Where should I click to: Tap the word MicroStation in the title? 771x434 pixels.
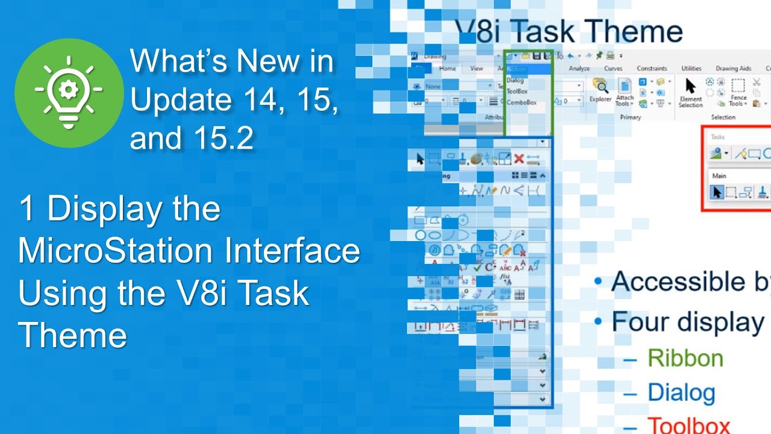click(x=114, y=251)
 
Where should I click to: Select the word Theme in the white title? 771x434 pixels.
click(x=72, y=335)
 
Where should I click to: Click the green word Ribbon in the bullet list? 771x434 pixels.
click(x=685, y=358)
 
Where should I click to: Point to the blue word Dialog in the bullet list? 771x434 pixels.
click(x=681, y=393)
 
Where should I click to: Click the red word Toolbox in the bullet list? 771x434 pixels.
click(x=688, y=425)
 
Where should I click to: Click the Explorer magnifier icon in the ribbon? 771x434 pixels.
click(x=600, y=85)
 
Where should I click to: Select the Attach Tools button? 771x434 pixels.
click(x=625, y=90)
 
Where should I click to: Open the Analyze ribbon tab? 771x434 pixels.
click(x=579, y=69)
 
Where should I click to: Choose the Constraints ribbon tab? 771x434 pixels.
click(x=652, y=69)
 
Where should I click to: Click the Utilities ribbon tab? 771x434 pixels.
click(x=691, y=69)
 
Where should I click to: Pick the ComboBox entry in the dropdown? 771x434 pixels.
click(x=521, y=102)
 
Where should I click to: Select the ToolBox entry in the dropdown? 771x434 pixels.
click(x=517, y=92)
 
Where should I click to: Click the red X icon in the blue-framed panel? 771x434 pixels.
click(x=518, y=159)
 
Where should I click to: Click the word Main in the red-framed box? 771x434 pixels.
click(x=719, y=176)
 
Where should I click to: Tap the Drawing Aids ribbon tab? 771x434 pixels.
click(x=733, y=69)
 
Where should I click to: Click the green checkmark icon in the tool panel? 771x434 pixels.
click(x=477, y=266)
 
